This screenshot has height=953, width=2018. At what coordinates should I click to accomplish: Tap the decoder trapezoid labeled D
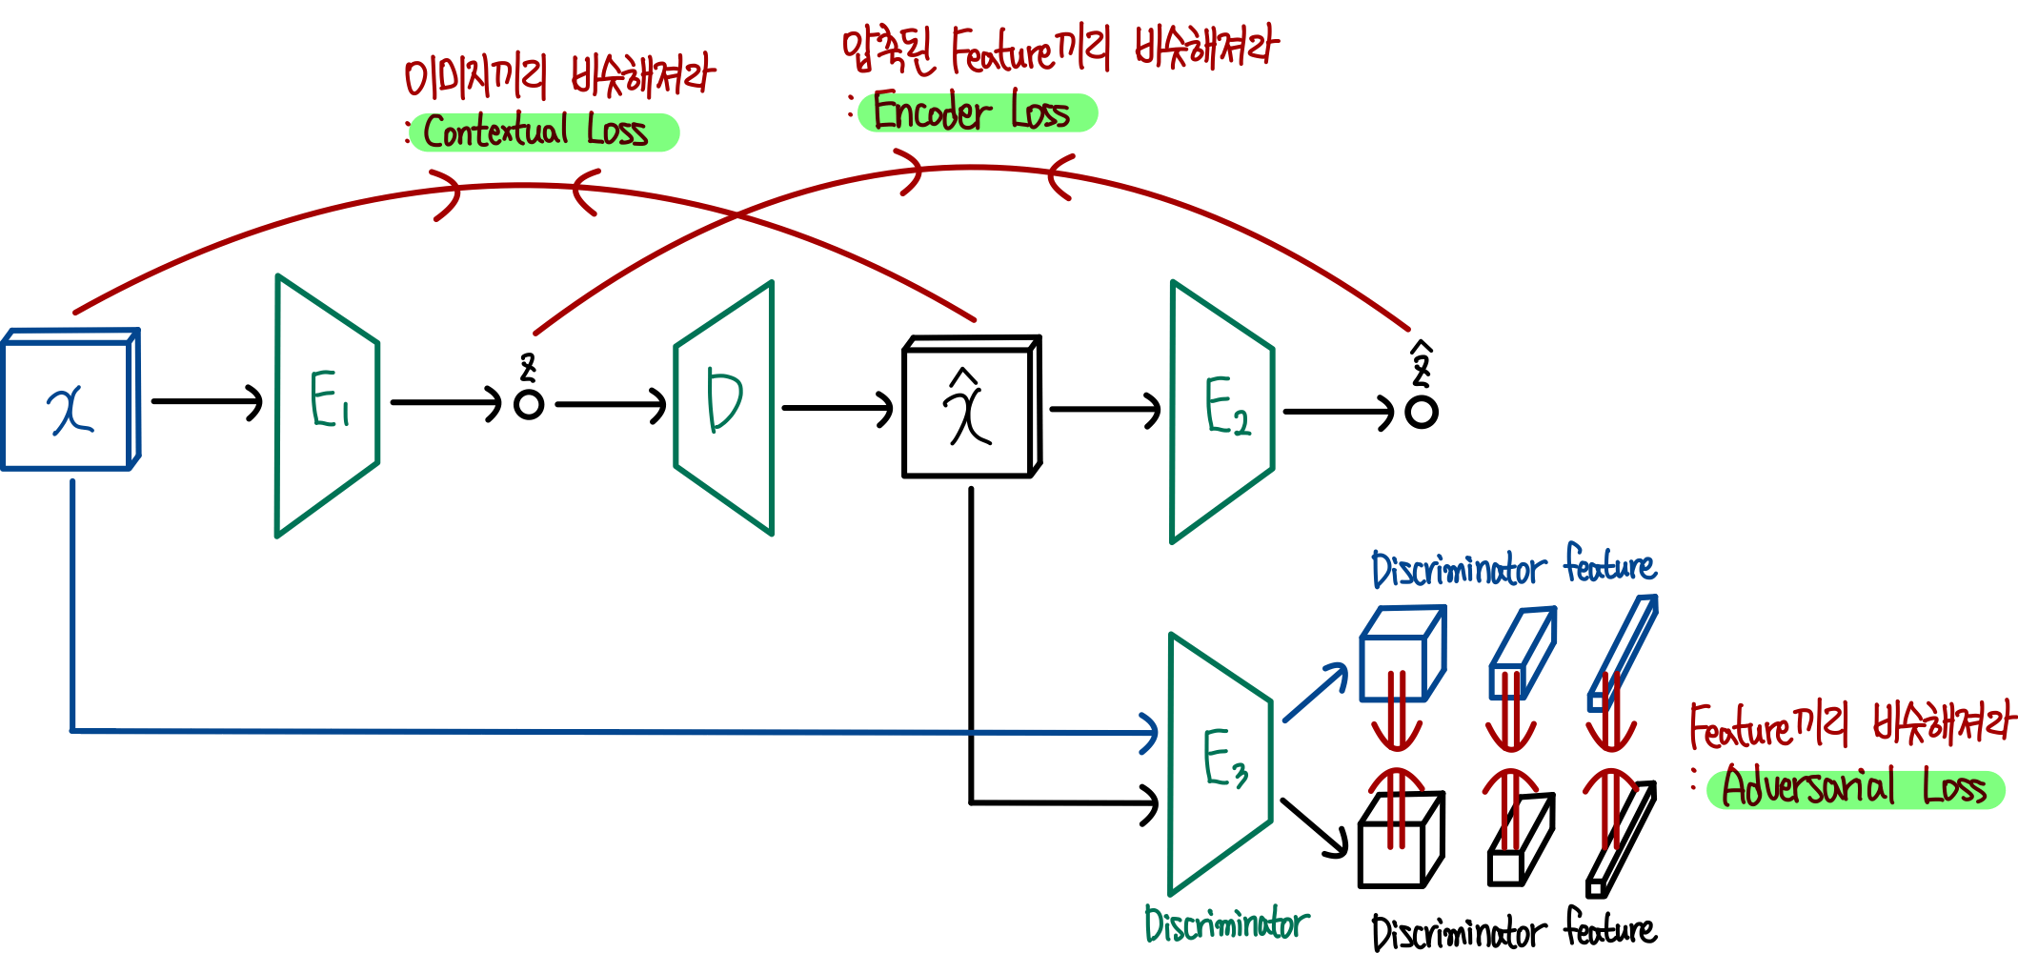(x=724, y=407)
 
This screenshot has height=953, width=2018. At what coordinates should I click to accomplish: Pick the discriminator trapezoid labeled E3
(x=1220, y=762)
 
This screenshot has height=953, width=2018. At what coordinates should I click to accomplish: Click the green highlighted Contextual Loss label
(x=543, y=132)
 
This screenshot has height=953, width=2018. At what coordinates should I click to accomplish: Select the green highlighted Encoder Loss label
(x=977, y=113)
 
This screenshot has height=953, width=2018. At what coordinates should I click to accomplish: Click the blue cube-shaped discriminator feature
(x=1401, y=656)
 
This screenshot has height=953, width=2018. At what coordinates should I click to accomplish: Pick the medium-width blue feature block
(x=1522, y=656)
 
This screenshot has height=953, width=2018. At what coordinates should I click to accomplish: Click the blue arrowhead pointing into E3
(x=1151, y=732)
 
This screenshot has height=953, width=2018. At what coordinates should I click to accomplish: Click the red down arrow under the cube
(x=1397, y=715)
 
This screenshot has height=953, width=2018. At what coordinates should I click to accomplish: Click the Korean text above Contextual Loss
(x=557, y=76)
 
